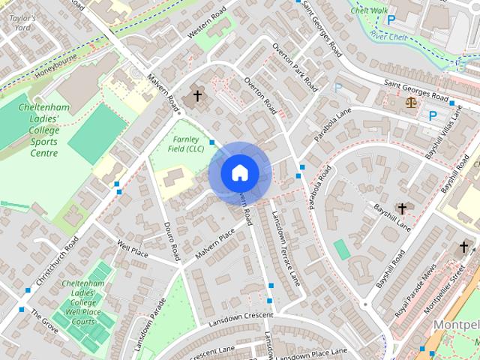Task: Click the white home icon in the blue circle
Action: click(x=239, y=173)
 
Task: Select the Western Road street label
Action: click(x=206, y=24)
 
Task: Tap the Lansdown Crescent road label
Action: click(x=241, y=317)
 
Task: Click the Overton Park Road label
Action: click(x=295, y=68)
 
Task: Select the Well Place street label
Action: click(x=132, y=248)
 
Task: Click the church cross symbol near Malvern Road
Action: click(x=198, y=95)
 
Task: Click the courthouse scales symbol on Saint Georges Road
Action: click(x=411, y=101)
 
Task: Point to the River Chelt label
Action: click(x=388, y=35)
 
